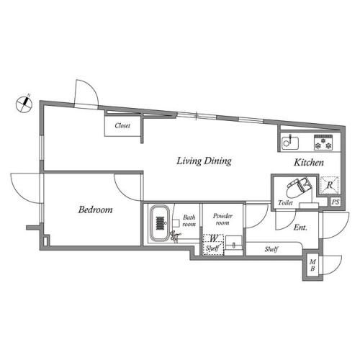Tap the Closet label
(122, 125)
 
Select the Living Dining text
(204, 161)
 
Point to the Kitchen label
(308, 163)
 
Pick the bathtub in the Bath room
(159, 225)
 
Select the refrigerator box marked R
(328, 185)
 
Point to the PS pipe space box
(335, 202)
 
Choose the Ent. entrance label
(301, 228)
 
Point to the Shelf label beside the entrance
(271, 249)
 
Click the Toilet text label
(286, 204)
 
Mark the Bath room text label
(188, 221)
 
